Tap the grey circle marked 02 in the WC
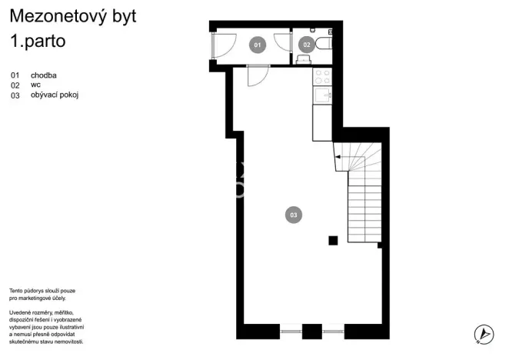click(x=306, y=45)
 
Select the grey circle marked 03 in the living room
click(x=293, y=215)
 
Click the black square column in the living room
click(x=333, y=241)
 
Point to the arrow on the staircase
click(x=344, y=160)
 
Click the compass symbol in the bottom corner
click(x=483, y=334)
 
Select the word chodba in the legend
click(x=45, y=75)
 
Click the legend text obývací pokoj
click(x=55, y=95)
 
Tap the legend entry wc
click(x=35, y=85)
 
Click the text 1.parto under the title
click(x=38, y=42)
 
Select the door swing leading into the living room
click(x=258, y=75)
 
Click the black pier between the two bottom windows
click(x=311, y=332)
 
